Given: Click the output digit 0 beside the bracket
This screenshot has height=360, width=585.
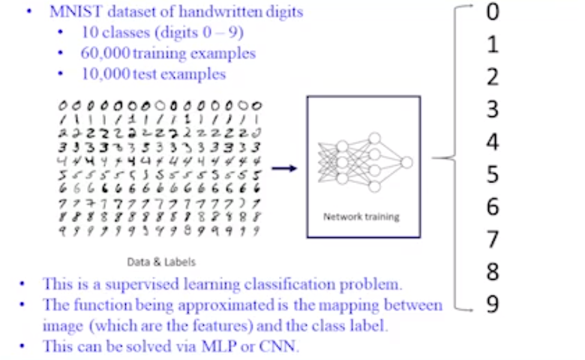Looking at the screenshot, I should click(492, 13).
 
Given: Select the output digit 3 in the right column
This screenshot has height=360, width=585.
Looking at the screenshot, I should click(492, 109).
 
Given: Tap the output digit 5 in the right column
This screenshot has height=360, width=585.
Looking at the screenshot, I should click(492, 175).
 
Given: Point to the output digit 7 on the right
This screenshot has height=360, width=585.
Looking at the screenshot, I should click(492, 240).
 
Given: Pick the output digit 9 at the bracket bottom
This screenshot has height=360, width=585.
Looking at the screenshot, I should click(492, 304).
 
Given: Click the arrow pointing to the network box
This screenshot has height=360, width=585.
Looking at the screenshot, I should click(283, 169).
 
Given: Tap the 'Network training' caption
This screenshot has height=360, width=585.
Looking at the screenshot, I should click(361, 217).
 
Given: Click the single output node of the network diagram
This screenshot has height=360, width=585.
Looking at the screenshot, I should click(406, 162).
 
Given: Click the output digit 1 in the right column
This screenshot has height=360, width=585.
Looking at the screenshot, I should click(492, 45).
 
